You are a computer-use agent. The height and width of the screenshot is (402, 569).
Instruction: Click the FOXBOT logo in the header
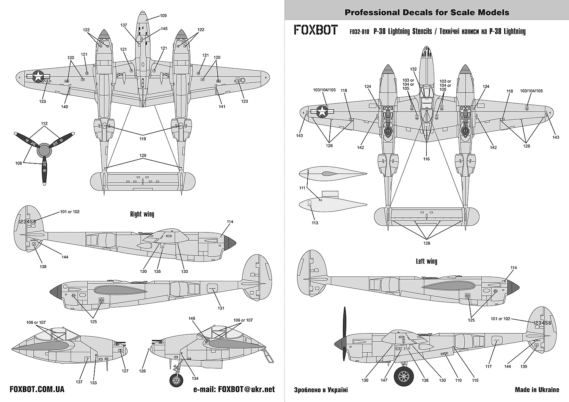coord(316,30)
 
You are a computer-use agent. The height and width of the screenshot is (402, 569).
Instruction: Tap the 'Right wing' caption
coord(142,214)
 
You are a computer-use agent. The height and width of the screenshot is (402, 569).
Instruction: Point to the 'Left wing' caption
coord(426,261)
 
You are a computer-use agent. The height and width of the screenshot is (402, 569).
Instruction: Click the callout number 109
coord(163,16)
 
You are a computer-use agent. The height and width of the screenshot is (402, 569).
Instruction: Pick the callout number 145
coord(164,29)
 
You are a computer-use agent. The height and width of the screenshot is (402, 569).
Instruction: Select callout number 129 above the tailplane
coord(143,156)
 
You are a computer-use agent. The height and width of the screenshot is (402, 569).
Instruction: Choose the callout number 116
coord(426,159)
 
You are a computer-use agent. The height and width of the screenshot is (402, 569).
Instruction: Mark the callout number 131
coord(221,308)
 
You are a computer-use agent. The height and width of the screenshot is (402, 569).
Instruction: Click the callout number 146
coord(192,319)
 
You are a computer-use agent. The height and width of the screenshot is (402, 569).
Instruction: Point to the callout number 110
coord(458,380)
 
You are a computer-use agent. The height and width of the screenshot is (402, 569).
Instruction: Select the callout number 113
coord(315,223)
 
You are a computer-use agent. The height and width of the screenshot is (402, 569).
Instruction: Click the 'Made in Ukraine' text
coord(537,389)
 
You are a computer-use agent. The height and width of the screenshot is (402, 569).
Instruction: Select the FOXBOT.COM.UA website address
coord(37,389)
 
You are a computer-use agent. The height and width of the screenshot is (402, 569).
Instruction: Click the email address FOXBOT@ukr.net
coord(234,389)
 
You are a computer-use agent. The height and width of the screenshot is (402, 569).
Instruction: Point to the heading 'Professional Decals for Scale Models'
coord(427,13)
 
